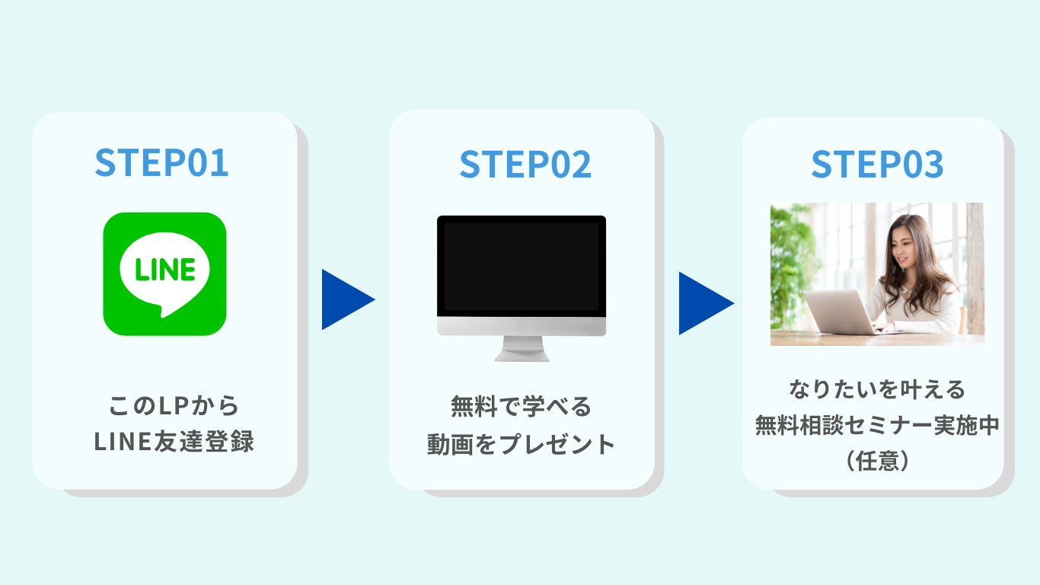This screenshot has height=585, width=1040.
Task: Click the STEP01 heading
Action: (x=161, y=163)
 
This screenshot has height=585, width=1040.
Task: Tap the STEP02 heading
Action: (x=525, y=165)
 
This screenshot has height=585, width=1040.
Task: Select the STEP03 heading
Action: (x=877, y=165)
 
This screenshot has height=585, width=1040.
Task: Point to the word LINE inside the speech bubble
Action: (x=165, y=269)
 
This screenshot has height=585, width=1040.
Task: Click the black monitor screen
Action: (x=521, y=267)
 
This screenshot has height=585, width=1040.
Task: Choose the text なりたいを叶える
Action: (x=877, y=389)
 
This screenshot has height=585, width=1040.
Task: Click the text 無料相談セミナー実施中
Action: (x=877, y=426)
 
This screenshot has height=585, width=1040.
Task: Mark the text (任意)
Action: (x=877, y=462)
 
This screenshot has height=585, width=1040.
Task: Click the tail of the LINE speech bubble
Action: (x=161, y=311)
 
